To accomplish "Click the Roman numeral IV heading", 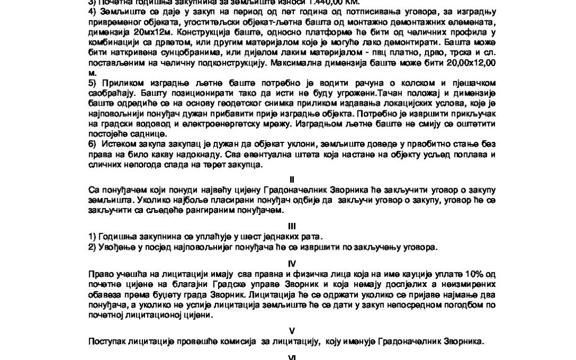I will [x=291, y=263].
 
